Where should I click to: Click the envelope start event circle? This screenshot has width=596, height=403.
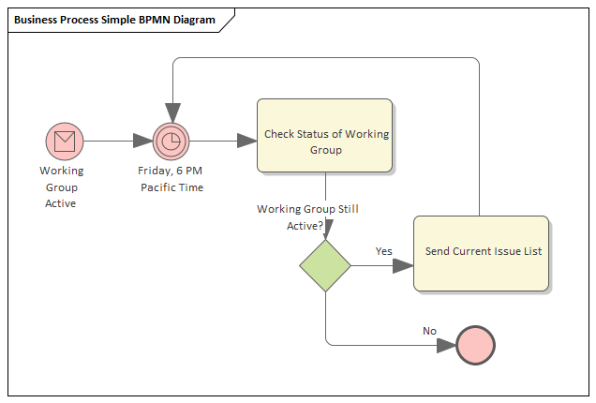64,142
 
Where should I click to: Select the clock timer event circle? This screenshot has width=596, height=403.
171,142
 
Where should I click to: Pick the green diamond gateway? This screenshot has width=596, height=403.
325,265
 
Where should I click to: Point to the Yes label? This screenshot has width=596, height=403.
383,251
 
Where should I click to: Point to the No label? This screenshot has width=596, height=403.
429,331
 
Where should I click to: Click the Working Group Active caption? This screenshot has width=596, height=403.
61,187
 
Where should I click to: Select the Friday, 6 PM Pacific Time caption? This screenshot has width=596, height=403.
171,179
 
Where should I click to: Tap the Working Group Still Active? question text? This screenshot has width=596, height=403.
306,217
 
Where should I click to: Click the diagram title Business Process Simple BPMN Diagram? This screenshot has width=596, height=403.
114,20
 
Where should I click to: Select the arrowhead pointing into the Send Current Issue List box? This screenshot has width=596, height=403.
403,265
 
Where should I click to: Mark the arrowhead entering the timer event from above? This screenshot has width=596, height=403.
171,113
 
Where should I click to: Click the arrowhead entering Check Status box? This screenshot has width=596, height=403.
246,142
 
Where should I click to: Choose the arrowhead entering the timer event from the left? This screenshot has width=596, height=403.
142,142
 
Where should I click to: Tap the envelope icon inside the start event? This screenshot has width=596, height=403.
64,142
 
